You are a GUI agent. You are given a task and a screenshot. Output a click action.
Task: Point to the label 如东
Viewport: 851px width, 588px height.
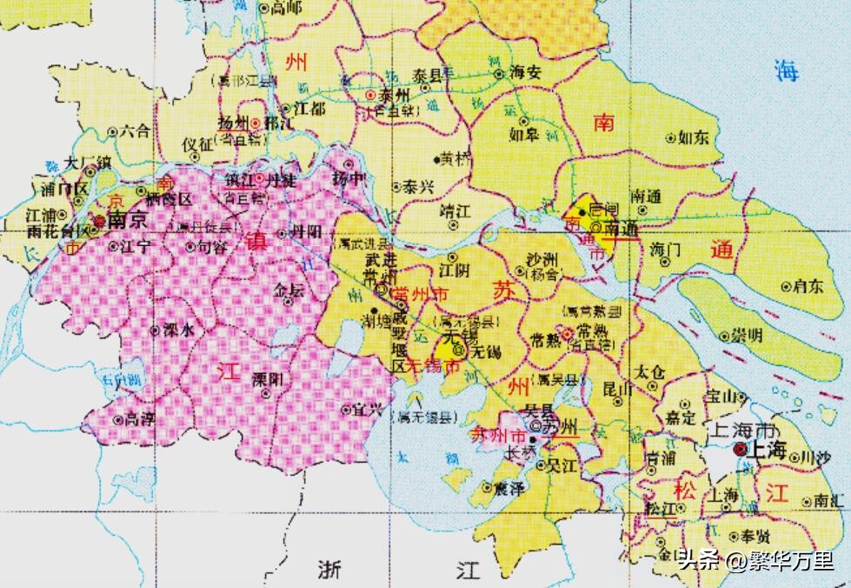[694, 137]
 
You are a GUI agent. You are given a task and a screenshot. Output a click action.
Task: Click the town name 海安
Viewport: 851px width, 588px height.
[525, 73]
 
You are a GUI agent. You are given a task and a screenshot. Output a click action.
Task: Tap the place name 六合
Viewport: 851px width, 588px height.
[135, 131]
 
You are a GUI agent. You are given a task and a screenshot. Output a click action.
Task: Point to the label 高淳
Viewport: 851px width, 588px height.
[141, 419]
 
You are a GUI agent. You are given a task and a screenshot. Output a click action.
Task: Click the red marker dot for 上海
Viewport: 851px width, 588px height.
[739, 449]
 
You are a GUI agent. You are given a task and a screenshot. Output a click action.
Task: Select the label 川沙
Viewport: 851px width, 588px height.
[815, 456]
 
